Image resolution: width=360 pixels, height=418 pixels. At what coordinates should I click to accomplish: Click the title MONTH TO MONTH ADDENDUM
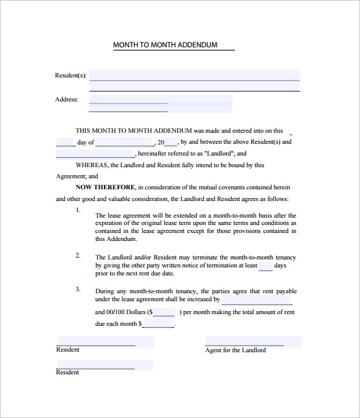tap(165, 45)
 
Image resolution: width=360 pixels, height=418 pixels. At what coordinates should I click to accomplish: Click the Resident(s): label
tap(71, 76)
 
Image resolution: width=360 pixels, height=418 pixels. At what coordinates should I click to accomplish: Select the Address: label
tap(66, 100)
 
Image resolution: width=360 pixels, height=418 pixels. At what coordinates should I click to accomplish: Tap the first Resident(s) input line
tap(194, 75)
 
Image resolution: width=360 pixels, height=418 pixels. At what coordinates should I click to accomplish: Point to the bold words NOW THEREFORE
tap(105, 187)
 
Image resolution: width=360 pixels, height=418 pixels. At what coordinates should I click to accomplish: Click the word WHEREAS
tap(91, 165)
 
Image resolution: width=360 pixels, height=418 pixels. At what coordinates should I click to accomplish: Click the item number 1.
tap(78, 210)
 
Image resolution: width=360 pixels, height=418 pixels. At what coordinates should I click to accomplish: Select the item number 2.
tap(78, 254)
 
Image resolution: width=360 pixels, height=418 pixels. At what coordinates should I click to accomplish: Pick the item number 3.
tap(78, 288)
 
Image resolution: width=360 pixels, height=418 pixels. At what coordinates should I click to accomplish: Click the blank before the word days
tap(265, 266)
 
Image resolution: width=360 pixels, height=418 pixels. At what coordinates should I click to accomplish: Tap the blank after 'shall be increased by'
tap(257, 300)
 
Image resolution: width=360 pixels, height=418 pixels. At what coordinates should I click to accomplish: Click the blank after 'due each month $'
tap(158, 323)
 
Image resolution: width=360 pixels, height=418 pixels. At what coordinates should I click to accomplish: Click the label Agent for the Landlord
tap(236, 350)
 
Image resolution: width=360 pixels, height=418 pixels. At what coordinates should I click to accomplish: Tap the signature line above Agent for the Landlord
tap(245, 342)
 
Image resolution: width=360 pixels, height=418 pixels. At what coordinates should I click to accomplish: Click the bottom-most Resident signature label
tap(68, 373)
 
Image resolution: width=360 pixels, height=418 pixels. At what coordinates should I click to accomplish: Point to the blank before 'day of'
tap(65, 143)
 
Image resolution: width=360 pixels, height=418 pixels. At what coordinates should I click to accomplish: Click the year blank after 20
tap(170, 143)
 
